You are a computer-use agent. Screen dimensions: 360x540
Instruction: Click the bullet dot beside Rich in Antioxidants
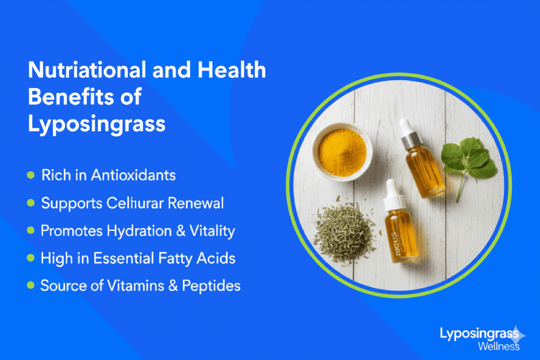(31, 175)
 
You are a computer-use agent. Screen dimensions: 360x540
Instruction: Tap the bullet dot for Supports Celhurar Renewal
(31, 203)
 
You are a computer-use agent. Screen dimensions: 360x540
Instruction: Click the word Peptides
(212, 286)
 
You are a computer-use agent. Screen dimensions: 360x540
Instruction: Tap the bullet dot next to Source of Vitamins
(31, 286)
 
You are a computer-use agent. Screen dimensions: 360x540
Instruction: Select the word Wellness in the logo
(499, 346)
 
